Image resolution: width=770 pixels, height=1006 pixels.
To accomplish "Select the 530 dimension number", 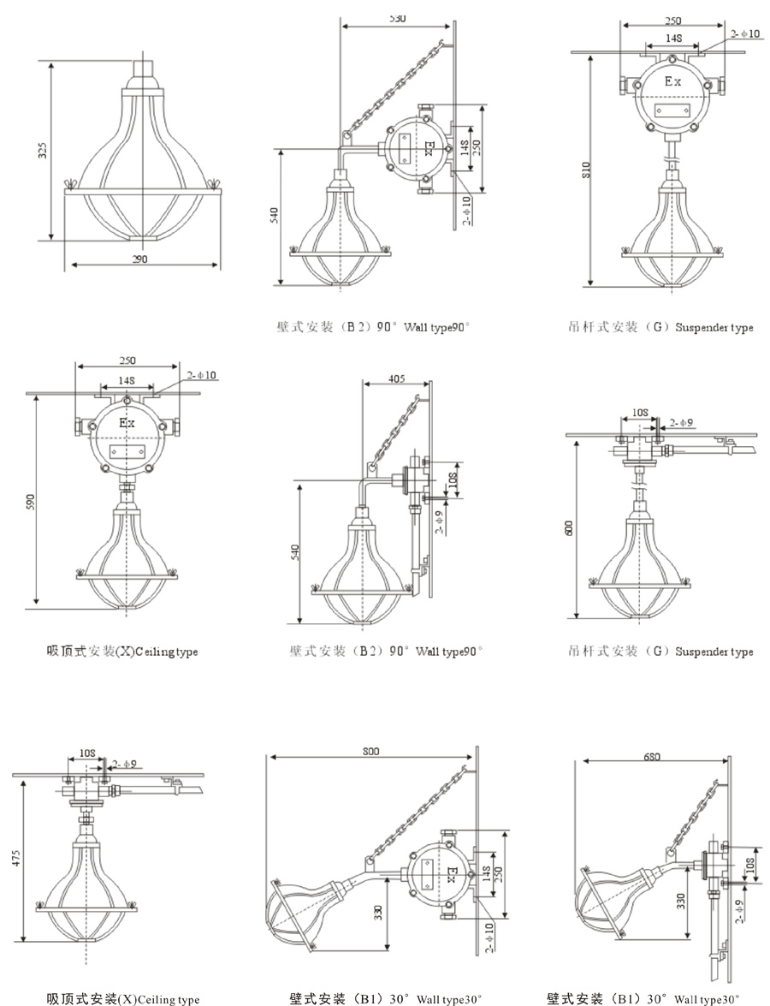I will pyautogui.click(x=394, y=18).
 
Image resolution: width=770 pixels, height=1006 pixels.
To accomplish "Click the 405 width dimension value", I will pyautogui.click(x=395, y=377).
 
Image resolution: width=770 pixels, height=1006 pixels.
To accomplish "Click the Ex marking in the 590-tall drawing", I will pyautogui.click(x=127, y=423).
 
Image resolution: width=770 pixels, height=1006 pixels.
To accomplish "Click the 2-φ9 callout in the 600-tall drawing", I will pyautogui.click(x=682, y=422).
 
